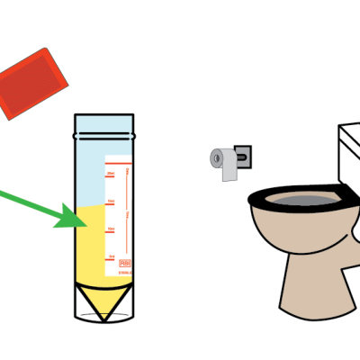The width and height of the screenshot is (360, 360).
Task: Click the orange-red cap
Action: [33, 83]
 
